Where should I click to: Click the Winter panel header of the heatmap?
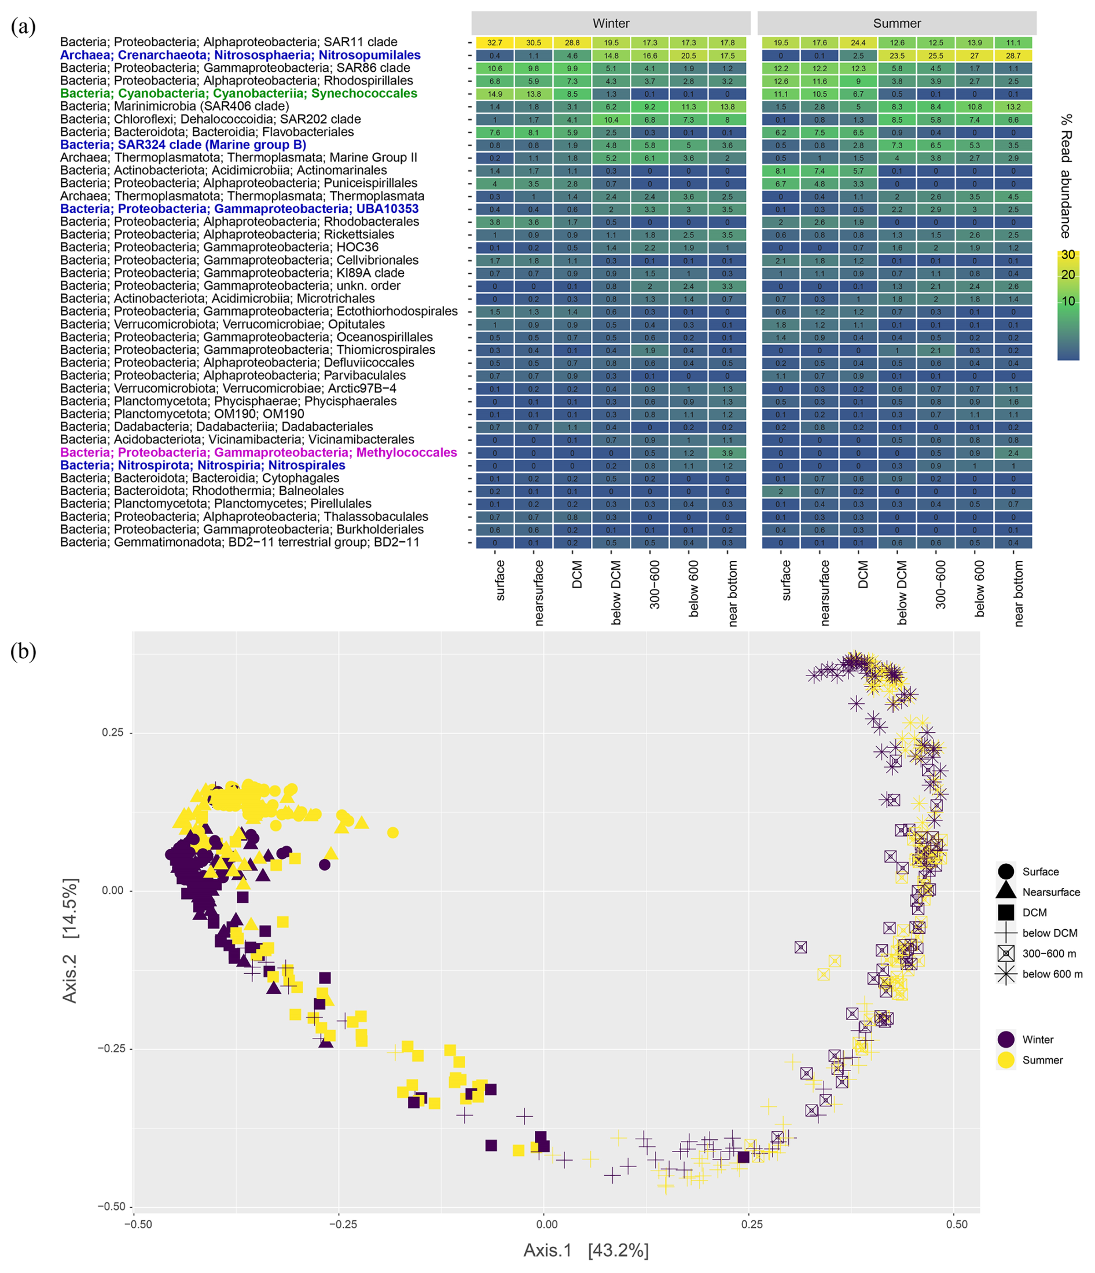(611, 23)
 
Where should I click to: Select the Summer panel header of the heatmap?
(896, 23)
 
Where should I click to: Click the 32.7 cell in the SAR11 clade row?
(494, 42)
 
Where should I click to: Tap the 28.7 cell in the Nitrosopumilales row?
(1013, 56)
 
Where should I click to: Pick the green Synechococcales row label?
(238, 93)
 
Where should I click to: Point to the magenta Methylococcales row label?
(259, 453)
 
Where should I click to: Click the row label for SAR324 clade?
(183, 145)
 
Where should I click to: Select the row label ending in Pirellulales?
(215, 504)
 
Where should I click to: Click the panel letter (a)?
(23, 27)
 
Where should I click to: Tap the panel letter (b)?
(23, 651)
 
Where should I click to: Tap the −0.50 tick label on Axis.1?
(138, 1224)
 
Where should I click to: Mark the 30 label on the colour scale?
(1068, 255)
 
